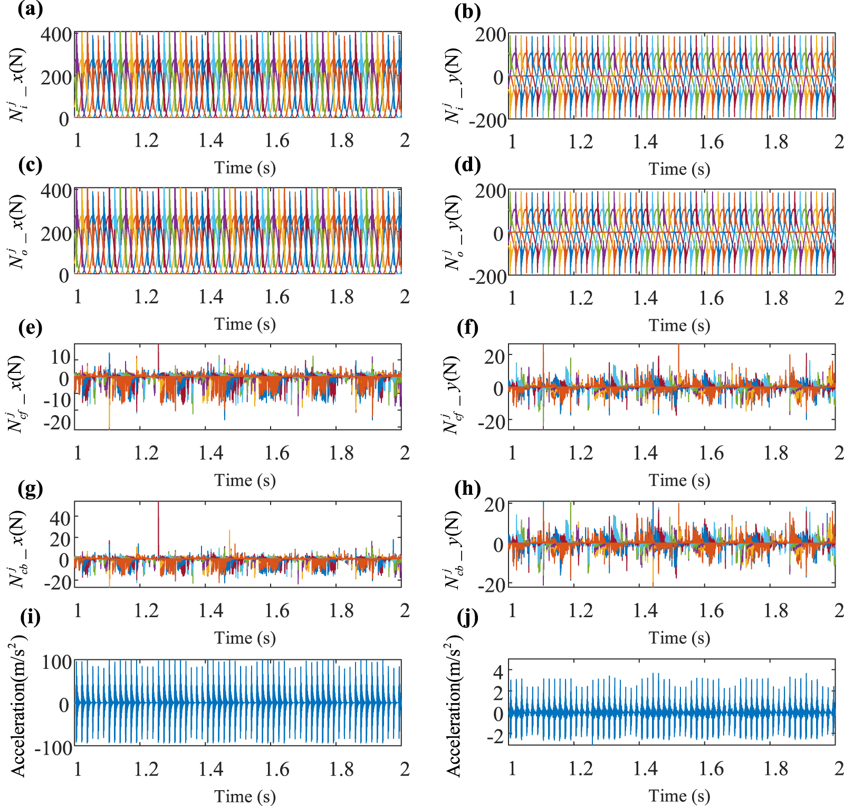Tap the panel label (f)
click(467, 328)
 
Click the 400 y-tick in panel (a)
click(56, 35)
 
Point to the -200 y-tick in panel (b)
click(487, 120)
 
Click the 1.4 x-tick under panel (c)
click(211, 297)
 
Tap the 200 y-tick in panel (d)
click(491, 191)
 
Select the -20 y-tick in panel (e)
click(57, 423)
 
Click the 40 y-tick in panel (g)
click(60, 519)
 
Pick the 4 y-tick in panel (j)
click(498, 671)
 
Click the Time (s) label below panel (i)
click(245, 796)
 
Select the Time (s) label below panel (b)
click(679, 169)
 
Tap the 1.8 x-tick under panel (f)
click(776, 453)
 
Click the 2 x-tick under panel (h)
click(839, 610)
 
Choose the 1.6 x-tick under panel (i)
click(276, 769)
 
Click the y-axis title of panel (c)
click(17, 232)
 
